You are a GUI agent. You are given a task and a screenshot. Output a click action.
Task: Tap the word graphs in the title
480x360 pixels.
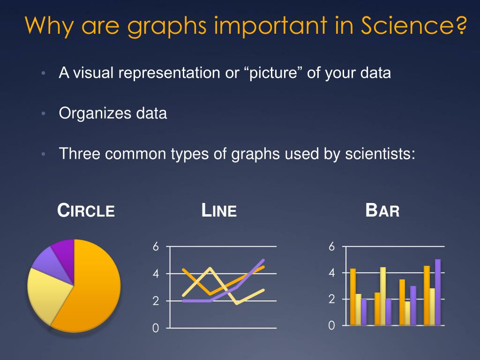tap(167, 26)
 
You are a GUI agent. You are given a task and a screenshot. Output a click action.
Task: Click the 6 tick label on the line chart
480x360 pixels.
tap(156, 247)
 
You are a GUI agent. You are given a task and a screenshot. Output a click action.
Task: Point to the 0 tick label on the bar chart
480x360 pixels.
tap(331, 325)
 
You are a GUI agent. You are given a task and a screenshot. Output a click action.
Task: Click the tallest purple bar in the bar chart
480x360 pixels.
tap(437, 292)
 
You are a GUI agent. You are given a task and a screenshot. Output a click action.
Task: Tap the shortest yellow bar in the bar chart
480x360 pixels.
tap(407, 313)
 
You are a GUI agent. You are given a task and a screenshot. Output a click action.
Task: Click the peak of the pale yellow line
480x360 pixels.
tap(210, 269)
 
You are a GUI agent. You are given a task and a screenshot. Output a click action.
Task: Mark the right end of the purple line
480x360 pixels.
tap(263, 260)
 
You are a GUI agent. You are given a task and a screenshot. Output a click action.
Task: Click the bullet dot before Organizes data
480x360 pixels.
tap(43, 114)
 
